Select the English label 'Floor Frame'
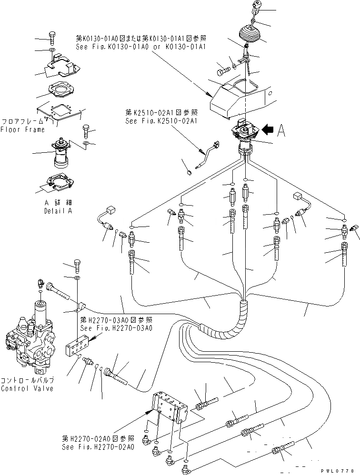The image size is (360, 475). [22, 129]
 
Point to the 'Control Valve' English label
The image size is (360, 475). [27, 388]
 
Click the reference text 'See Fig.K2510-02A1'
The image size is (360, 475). [161, 121]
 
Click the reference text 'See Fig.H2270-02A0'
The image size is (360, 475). [98, 447]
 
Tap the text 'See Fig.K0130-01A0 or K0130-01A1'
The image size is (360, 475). [141, 47]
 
